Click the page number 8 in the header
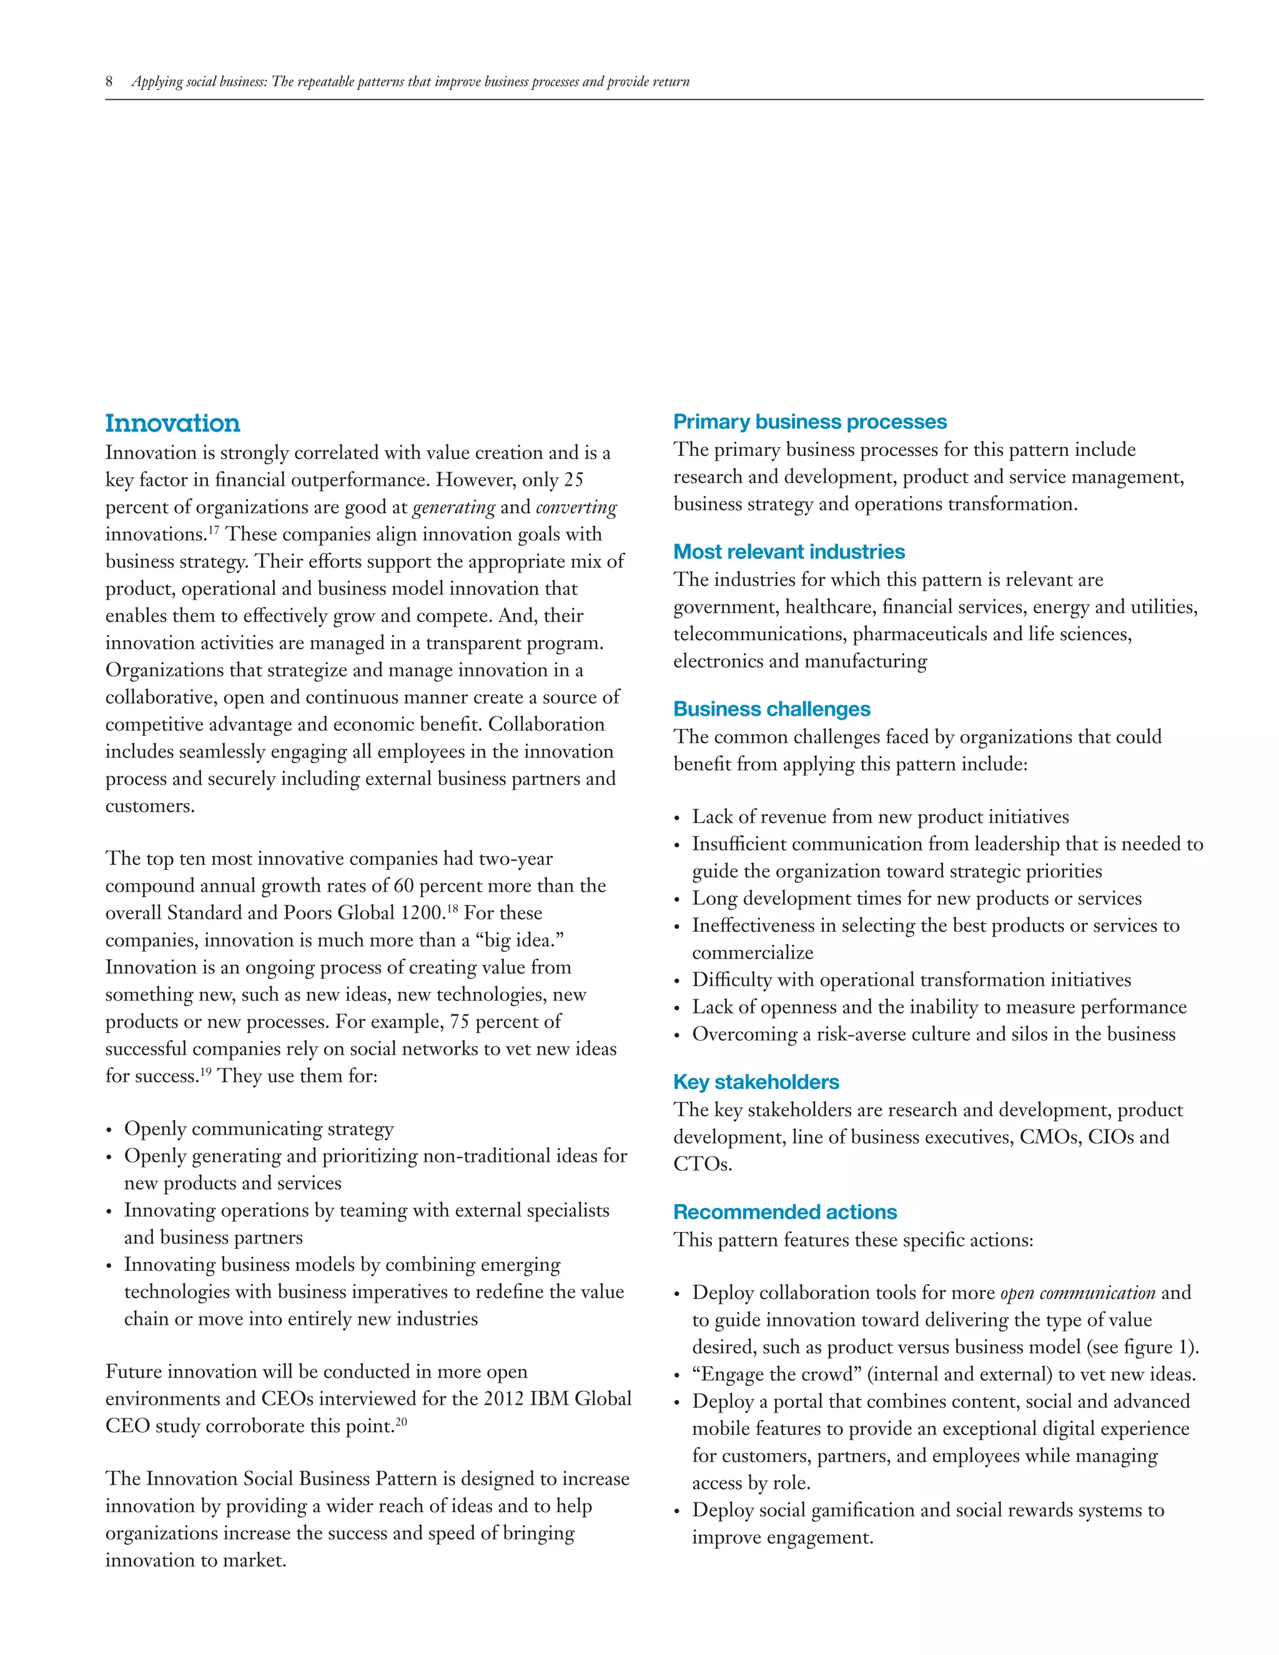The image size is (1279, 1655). (109, 82)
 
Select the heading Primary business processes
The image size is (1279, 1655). (809, 422)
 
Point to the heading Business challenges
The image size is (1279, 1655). (771, 709)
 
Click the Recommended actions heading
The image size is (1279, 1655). (784, 1212)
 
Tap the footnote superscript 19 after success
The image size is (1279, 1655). (205, 1070)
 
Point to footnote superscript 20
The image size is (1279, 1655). (401, 1421)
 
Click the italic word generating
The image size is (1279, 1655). (453, 507)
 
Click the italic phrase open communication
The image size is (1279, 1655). (1077, 1293)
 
